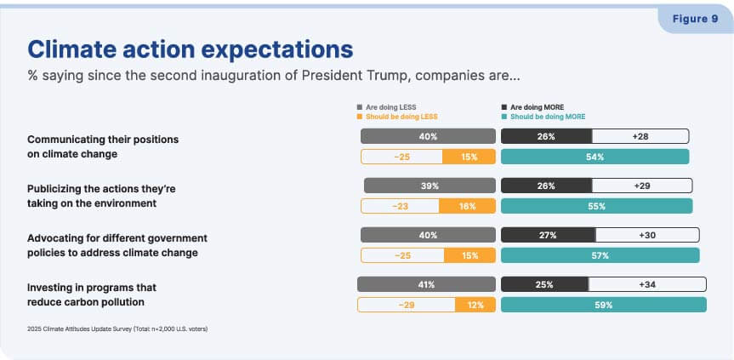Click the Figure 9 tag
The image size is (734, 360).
[695, 20]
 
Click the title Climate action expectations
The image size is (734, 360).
[190, 49]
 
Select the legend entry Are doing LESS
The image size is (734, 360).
[387, 107]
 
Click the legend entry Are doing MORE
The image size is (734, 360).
[532, 107]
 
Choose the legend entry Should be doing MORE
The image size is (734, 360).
[543, 117]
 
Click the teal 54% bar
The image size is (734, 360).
[595, 157]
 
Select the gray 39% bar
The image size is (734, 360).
[430, 186]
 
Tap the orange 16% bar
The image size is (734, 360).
[467, 206]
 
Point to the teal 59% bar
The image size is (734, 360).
[603, 305]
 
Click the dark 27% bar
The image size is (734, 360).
[548, 236]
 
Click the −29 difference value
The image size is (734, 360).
[407, 305]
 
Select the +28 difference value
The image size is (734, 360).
[640, 137]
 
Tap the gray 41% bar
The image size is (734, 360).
[426, 284]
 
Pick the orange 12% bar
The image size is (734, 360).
[475, 305]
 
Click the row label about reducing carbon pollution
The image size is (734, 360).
[92, 294]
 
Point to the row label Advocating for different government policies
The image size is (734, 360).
[117, 245]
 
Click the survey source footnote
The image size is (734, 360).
[117, 329]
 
